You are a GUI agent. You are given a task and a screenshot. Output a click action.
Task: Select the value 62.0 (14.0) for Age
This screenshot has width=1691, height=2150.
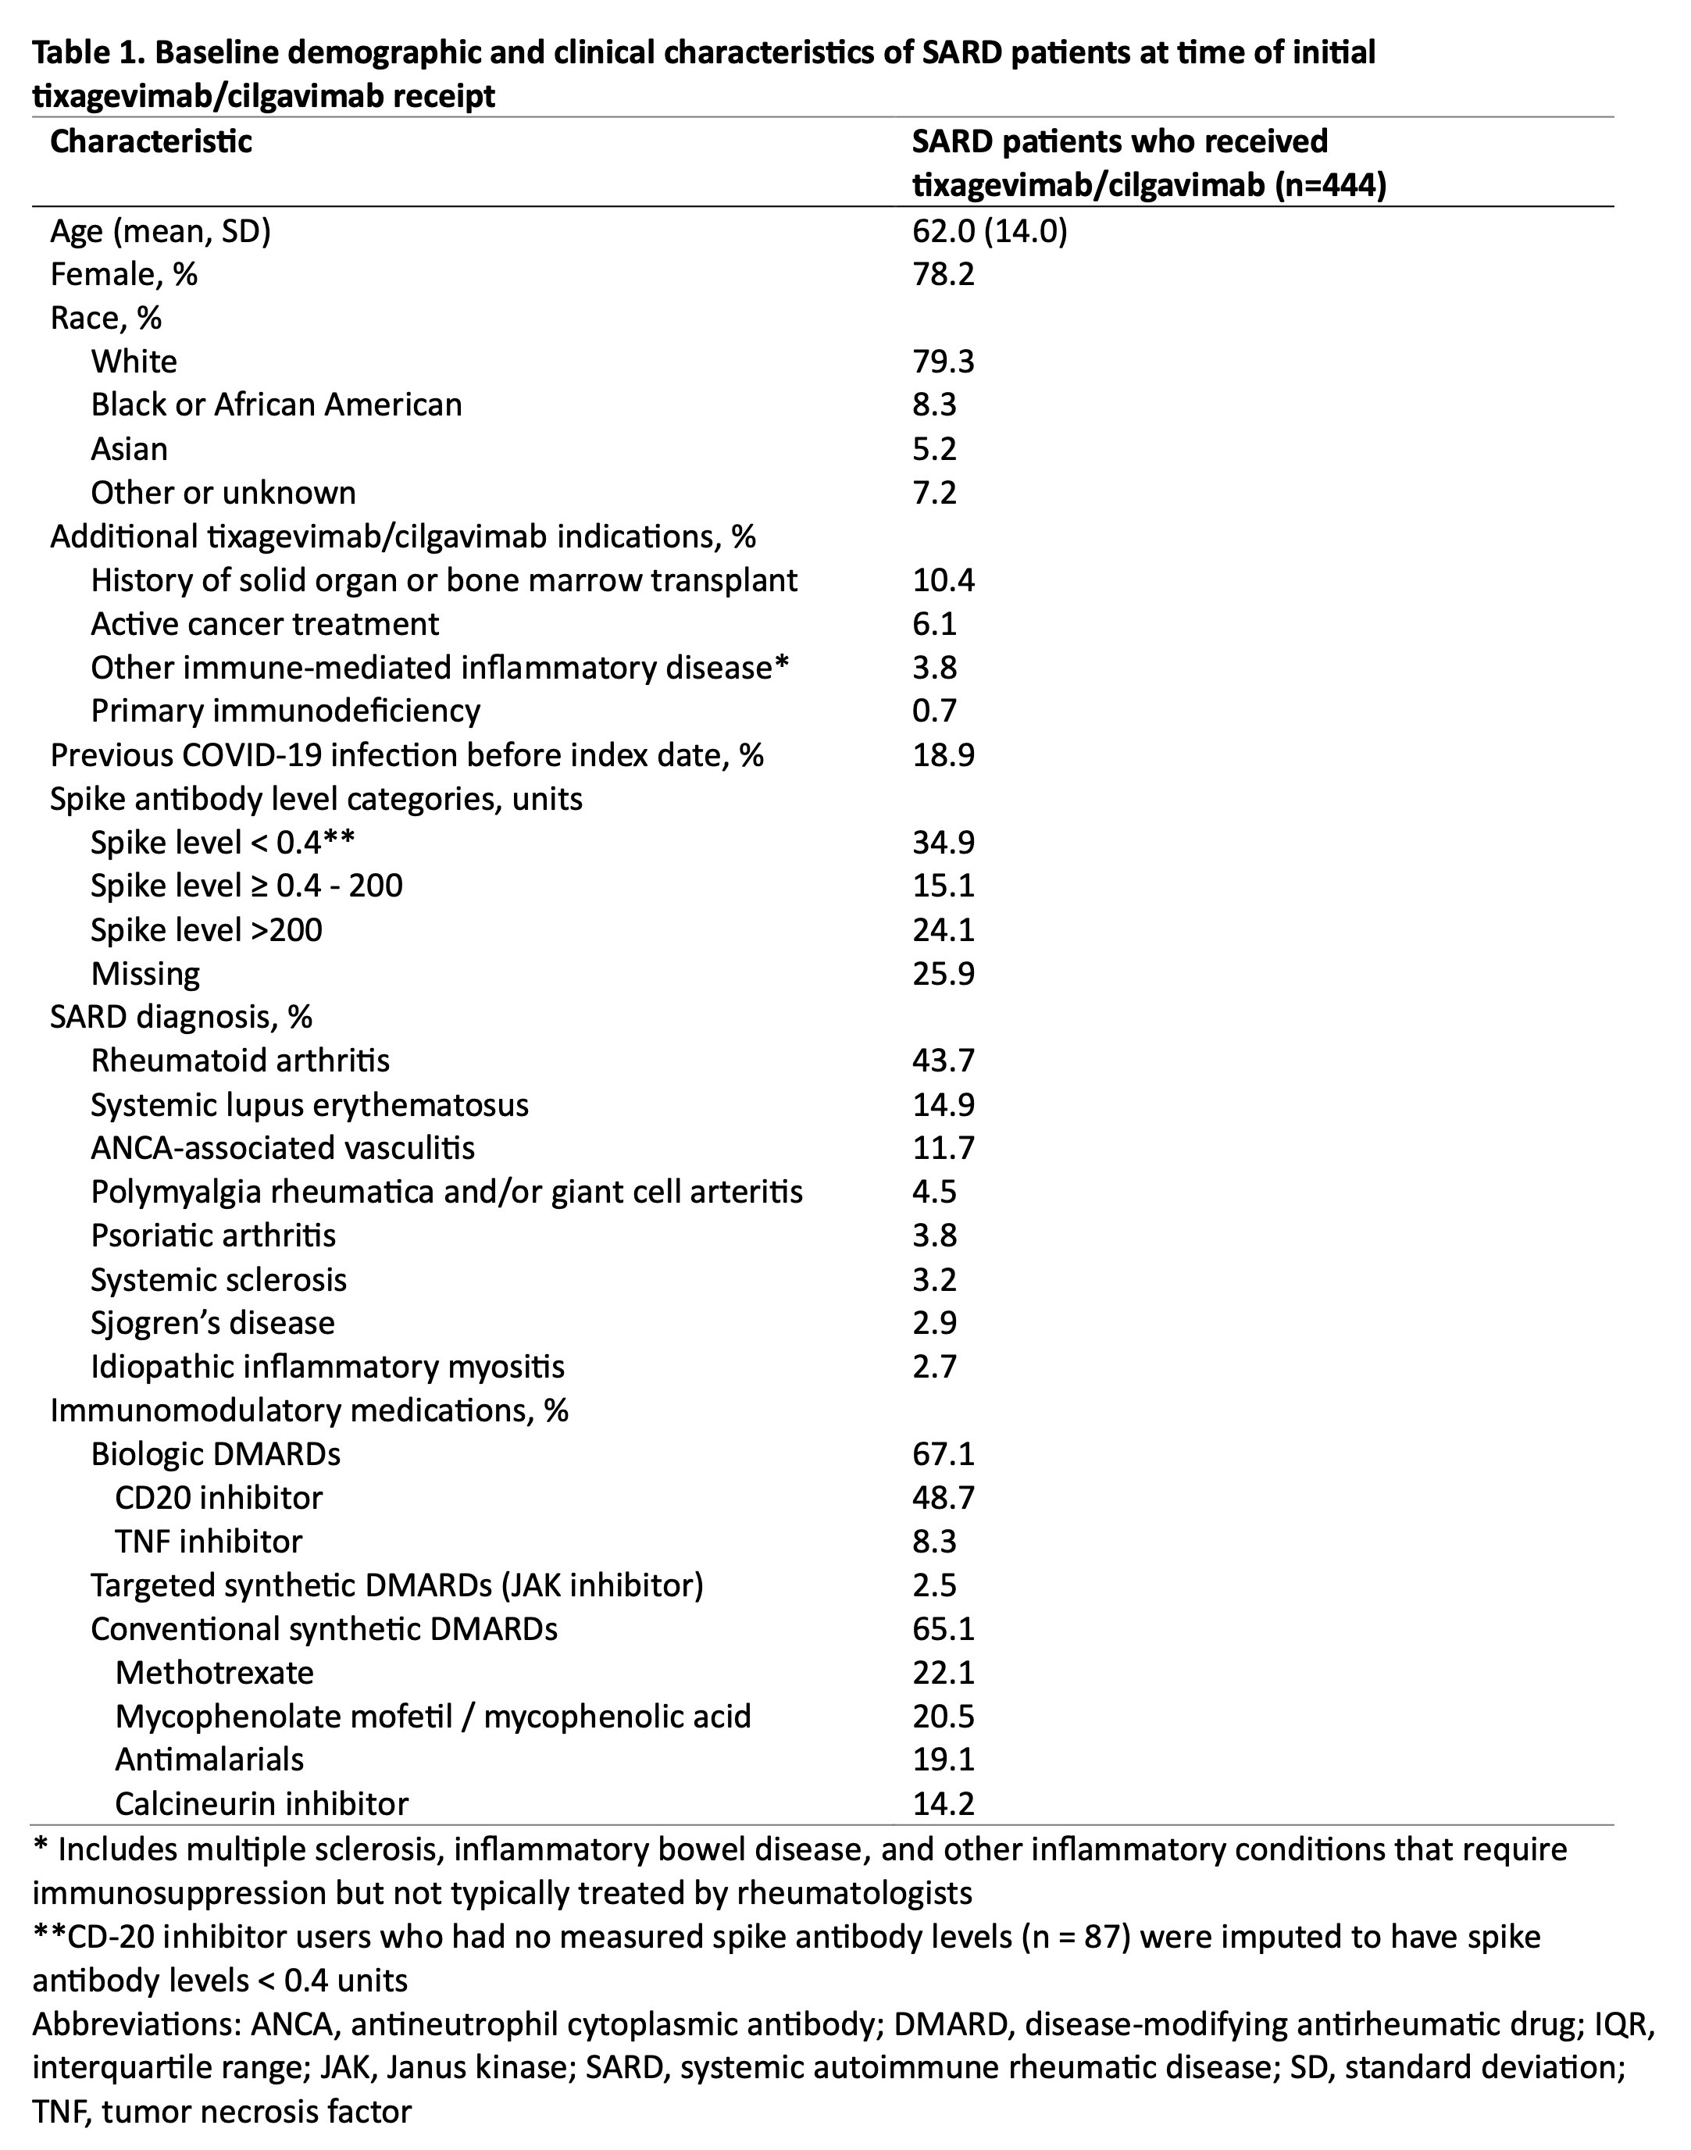989,232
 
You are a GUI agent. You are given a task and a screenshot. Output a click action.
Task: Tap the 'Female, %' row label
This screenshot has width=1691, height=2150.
123,274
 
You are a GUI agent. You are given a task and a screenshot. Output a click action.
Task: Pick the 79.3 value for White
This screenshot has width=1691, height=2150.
943,362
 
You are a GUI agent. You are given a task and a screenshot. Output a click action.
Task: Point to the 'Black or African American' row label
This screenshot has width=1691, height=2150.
276,405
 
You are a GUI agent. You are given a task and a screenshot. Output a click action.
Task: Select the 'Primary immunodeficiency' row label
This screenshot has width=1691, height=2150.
285,711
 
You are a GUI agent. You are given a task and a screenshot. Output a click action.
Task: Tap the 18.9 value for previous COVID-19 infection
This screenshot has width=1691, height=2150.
943,755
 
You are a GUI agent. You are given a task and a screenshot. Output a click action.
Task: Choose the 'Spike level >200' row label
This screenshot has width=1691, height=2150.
206,930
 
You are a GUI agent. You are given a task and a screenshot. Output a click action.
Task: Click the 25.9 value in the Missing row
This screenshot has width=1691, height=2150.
943,974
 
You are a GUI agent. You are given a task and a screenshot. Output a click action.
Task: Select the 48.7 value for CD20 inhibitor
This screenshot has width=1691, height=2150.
943,1498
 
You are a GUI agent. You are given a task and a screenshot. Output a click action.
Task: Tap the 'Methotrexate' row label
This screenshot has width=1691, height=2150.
214,1673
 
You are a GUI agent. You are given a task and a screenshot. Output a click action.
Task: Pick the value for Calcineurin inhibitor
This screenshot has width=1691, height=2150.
943,1803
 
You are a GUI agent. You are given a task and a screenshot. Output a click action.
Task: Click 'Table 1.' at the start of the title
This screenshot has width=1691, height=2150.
86,52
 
